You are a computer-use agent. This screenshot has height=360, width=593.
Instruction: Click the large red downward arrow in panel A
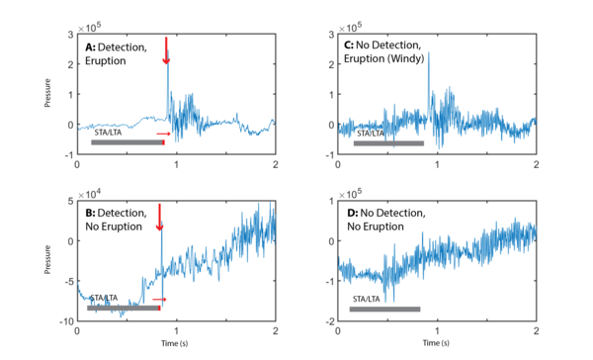tap(166, 49)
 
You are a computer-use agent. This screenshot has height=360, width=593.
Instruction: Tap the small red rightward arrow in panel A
tap(163, 134)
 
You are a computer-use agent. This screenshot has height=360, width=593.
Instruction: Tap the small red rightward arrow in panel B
tap(159, 298)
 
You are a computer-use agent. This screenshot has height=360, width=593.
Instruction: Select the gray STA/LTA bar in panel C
tap(387, 142)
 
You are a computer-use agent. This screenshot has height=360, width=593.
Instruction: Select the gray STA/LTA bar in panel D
tap(384, 309)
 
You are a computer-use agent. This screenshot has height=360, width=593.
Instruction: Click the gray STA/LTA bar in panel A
tap(127, 142)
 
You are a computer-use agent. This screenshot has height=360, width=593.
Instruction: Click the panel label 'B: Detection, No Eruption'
tap(117, 220)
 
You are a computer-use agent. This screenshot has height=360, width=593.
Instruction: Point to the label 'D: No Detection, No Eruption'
tap(381, 220)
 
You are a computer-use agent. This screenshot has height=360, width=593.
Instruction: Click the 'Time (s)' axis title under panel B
tap(175, 346)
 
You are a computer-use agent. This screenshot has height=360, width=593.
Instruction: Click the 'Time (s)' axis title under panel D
tap(436, 346)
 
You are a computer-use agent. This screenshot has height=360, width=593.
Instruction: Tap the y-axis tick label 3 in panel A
tap(69, 35)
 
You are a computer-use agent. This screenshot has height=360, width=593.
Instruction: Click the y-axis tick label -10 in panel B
tap(64, 322)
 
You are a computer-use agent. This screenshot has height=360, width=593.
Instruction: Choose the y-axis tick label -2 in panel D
tap(327, 322)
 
